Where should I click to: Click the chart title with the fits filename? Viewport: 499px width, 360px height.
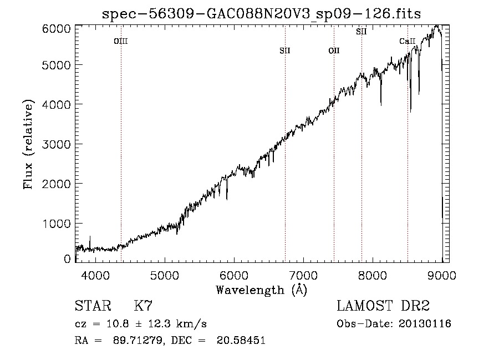coord(262,14)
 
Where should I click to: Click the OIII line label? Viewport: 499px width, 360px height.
coord(121,41)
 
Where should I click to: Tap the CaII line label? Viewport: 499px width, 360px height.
coord(407,41)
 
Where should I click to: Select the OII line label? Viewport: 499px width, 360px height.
coord(334,50)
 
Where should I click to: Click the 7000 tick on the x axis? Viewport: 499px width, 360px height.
coord(303,274)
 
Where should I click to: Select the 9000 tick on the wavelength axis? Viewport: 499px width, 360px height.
coord(442,274)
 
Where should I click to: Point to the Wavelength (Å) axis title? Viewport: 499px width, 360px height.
coord(261,290)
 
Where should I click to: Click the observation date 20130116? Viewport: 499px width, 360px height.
coord(426,324)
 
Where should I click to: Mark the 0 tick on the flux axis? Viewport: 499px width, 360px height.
coord(68,258)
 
